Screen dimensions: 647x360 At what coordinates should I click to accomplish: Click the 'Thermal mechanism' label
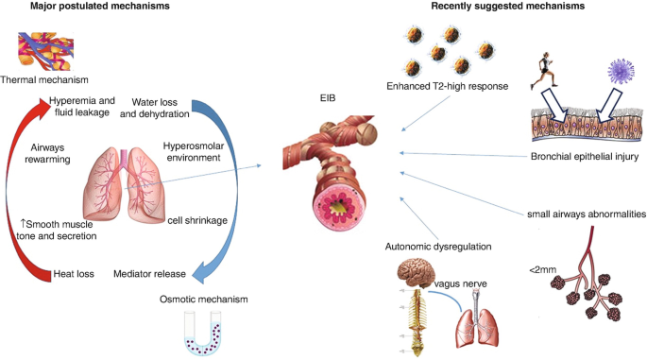click(44, 79)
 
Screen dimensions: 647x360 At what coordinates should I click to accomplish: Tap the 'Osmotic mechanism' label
click(204, 300)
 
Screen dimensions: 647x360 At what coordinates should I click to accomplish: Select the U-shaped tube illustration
click(202, 334)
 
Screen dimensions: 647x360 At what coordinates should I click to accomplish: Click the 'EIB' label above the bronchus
click(328, 98)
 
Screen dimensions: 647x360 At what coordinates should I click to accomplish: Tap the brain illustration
click(417, 273)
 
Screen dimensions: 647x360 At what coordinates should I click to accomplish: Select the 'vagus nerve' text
click(461, 284)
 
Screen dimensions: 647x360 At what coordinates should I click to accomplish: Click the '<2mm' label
click(542, 270)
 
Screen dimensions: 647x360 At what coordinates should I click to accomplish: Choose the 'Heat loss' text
click(74, 274)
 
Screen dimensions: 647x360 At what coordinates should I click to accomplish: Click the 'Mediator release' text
click(149, 274)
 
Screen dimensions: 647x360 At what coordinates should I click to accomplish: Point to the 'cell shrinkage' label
click(197, 220)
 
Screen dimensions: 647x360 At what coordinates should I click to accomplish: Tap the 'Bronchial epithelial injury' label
click(585, 157)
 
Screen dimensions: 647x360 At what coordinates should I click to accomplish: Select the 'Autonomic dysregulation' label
click(438, 247)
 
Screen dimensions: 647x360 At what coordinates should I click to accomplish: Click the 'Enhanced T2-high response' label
click(448, 86)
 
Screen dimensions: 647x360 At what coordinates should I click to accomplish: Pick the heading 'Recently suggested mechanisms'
click(508, 7)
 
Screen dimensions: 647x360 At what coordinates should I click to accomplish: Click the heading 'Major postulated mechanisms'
click(100, 7)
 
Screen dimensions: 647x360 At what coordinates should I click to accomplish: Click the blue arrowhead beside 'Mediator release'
click(201, 273)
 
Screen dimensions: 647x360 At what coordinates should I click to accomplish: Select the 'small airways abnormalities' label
click(587, 214)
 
